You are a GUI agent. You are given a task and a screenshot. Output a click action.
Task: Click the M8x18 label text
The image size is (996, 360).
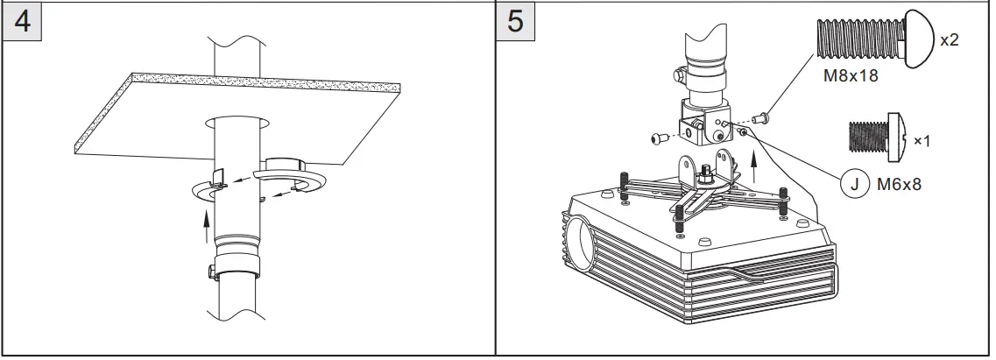click(x=850, y=75)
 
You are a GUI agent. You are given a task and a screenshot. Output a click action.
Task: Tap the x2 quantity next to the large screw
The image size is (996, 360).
click(x=950, y=40)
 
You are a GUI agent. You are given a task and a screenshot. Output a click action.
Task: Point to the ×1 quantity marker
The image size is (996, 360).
click(x=922, y=140)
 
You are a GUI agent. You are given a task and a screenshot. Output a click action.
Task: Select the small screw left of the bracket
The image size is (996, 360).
click(x=660, y=138)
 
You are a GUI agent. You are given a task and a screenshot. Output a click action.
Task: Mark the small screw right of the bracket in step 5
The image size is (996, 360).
click(x=762, y=114)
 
